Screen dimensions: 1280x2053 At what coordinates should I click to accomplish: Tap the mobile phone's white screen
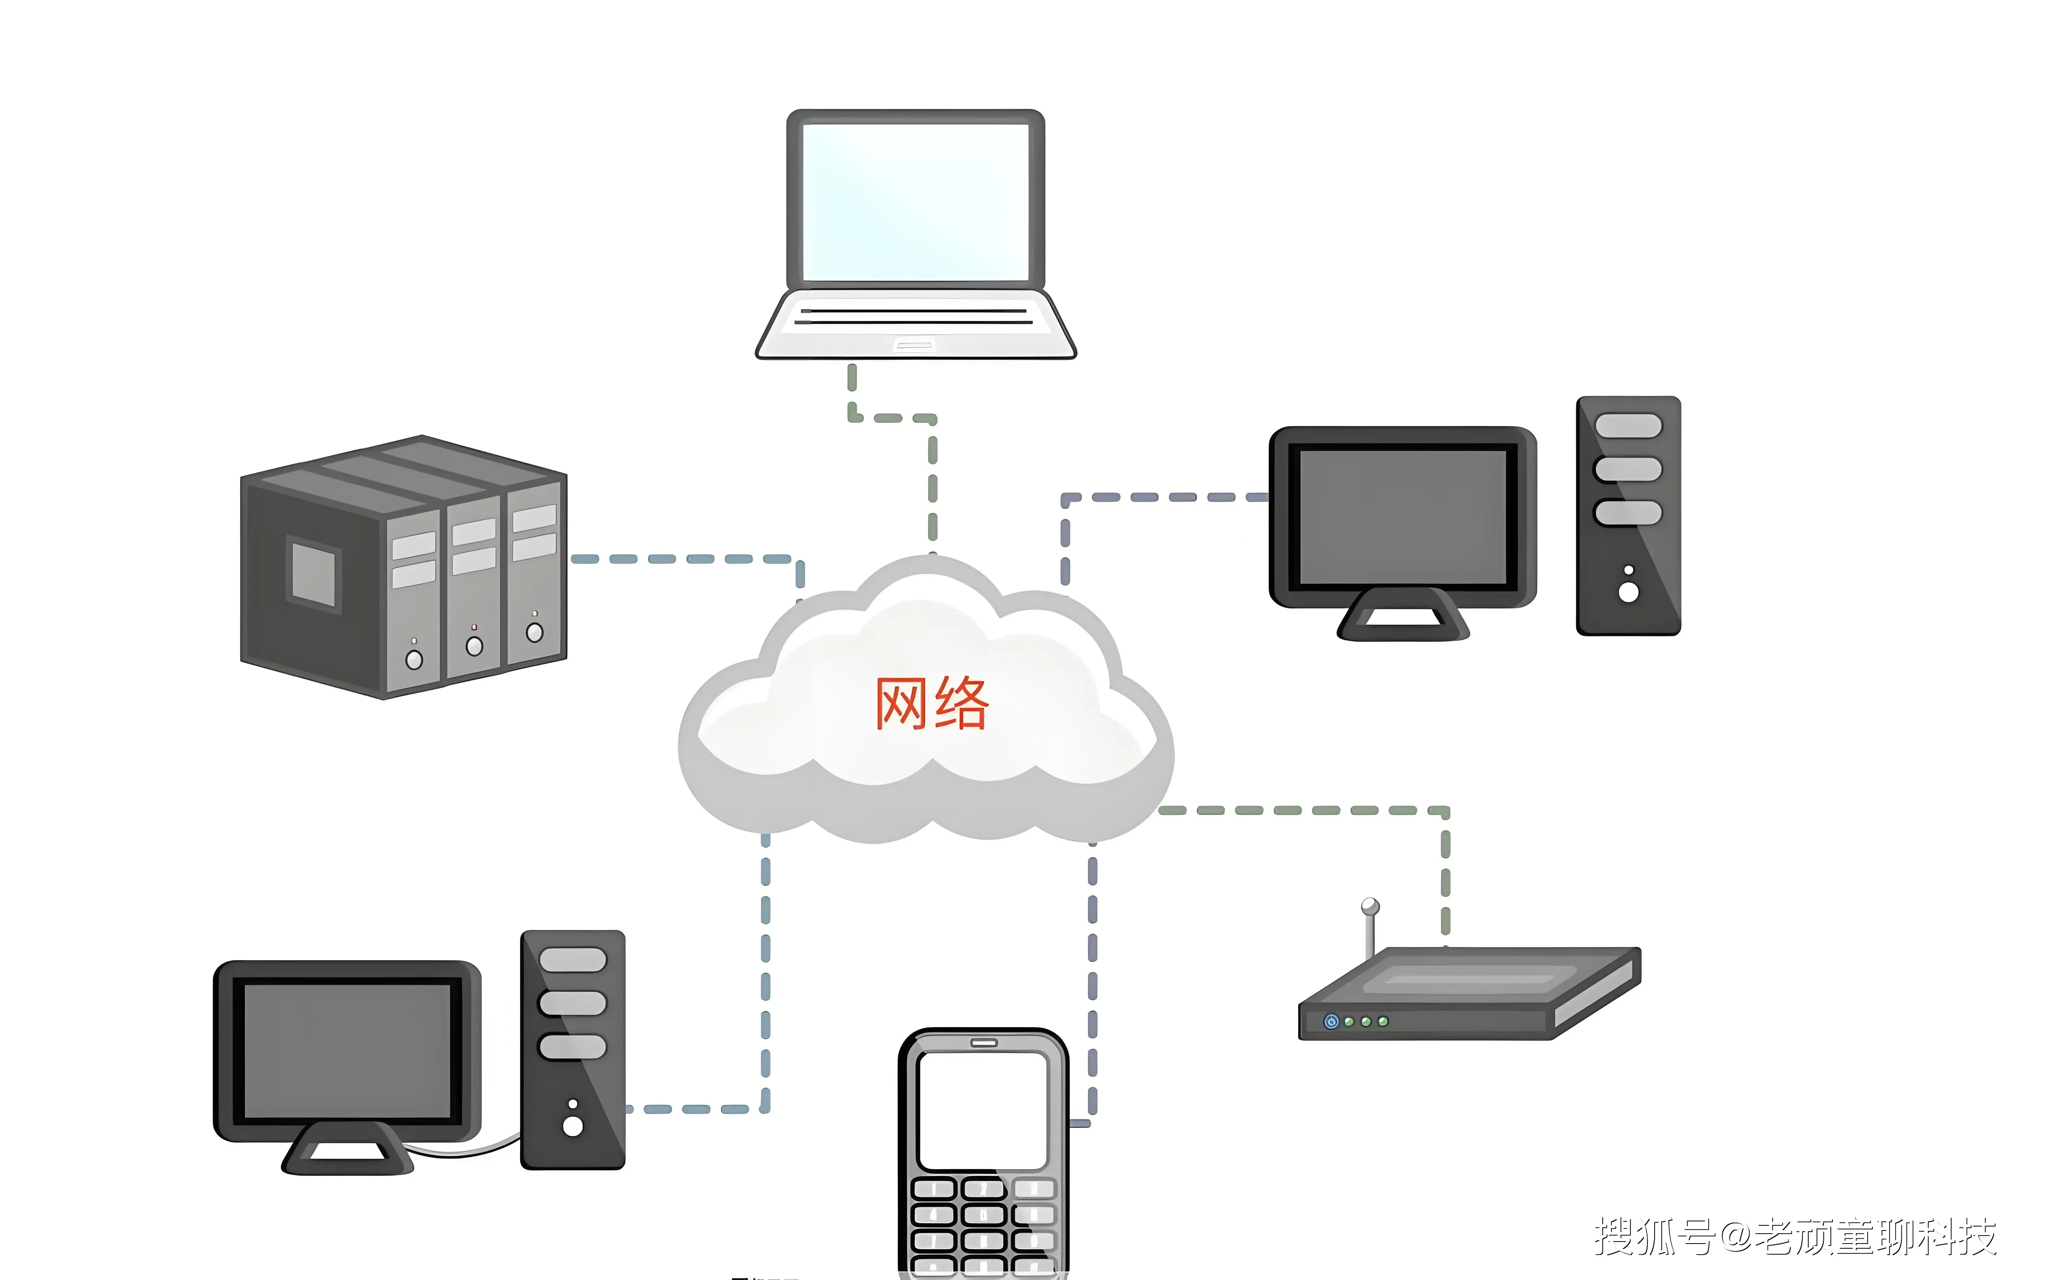(x=983, y=1110)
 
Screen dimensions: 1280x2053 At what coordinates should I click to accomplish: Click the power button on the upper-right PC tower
(x=1628, y=592)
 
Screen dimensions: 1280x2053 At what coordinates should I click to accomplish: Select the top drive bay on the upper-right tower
(x=1628, y=426)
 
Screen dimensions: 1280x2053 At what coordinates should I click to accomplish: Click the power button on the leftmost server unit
(x=414, y=659)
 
